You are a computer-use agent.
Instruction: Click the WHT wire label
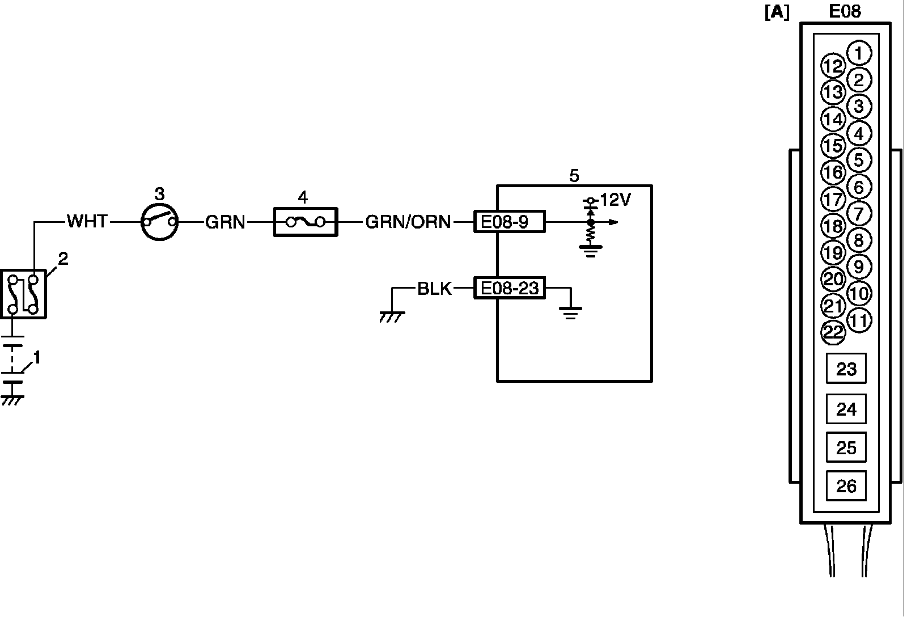point(87,221)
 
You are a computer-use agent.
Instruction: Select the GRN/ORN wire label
point(408,222)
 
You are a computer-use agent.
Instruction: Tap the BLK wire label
point(434,289)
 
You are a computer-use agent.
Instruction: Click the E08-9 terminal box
point(509,222)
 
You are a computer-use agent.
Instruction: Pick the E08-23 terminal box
point(509,289)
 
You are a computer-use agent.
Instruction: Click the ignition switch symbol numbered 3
point(159,222)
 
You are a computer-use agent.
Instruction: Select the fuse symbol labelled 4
point(306,222)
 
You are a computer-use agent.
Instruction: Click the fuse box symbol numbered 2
point(23,294)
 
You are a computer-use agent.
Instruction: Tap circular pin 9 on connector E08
point(859,267)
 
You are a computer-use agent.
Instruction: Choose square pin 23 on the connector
point(846,369)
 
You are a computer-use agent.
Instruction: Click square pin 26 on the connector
point(846,486)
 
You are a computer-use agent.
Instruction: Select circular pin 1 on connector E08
point(859,54)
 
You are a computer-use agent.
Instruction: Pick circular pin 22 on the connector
point(833,332)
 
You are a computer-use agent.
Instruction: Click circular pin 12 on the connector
point(833,66)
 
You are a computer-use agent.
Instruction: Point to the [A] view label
point(777,13)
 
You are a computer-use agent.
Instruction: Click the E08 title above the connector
point(845,11)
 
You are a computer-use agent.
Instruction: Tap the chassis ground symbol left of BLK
point(392,315)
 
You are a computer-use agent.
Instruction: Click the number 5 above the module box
point(574,176)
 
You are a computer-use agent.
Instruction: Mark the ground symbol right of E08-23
point(570,311)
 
